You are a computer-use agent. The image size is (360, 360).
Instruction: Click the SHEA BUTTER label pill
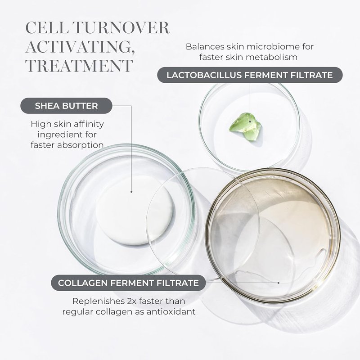(x=66, y=106)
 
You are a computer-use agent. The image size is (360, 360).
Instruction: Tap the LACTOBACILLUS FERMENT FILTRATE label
(x=250, y=75)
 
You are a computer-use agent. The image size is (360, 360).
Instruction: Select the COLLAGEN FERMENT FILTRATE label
(x=128, y=283)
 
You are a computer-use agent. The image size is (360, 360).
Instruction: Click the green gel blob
(x=245, y=126)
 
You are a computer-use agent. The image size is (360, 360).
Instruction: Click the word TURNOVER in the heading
(x=122, y=28)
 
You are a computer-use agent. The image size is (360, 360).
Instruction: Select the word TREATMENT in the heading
(x=79, y=66)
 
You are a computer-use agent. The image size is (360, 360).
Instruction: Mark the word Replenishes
(x=99, y=301)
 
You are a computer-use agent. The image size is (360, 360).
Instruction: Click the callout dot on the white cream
(x=131, y=192)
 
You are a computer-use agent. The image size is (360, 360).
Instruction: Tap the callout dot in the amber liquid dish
(x=279, y=283)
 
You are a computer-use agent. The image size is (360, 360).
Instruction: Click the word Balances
(x=205, y=47)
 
